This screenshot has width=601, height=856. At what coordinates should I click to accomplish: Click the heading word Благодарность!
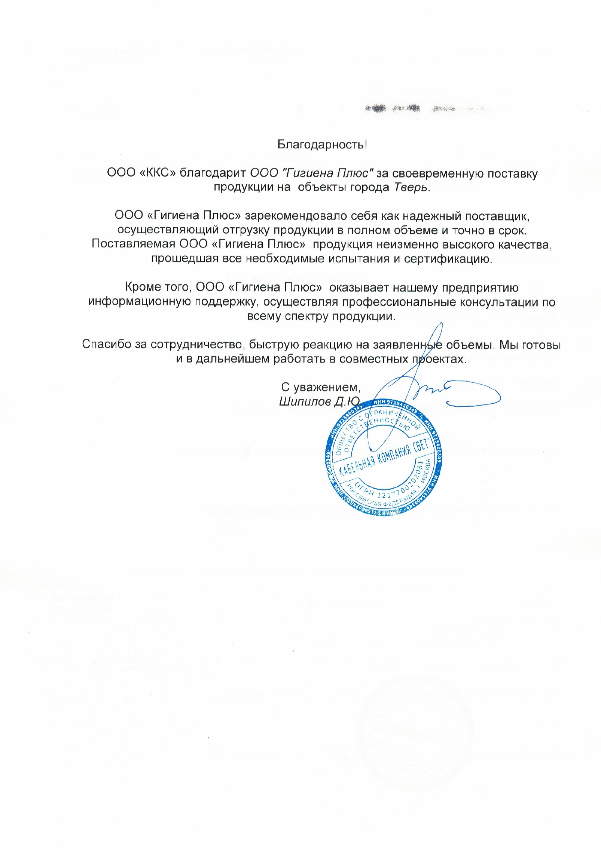pyautogui.click(x=322, y=145)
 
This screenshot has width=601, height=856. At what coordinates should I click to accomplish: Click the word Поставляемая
pyautogui.click(x=134, y=244)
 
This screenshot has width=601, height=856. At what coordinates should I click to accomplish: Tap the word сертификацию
pyautogui.click(x=448, y=259)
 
